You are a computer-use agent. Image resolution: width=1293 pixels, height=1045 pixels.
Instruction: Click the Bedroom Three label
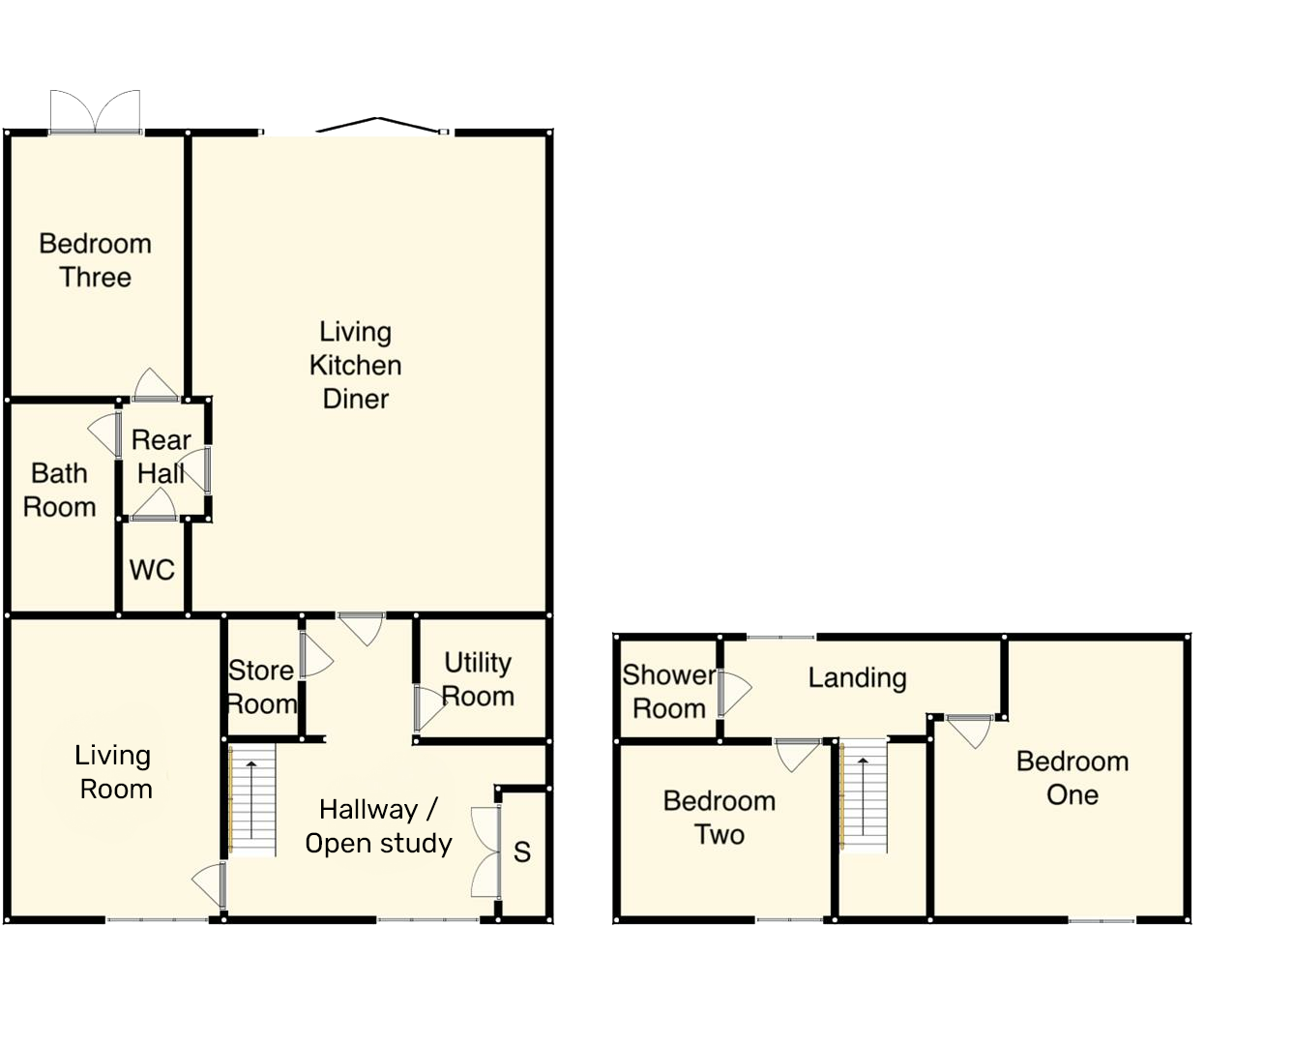pos(96,260)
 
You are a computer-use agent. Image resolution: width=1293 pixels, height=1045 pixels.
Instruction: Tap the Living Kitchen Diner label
pos(356,366)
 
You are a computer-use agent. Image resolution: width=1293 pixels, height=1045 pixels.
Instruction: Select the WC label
pos(152,570)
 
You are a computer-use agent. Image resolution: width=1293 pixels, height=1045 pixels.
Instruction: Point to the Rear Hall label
pos(161,457)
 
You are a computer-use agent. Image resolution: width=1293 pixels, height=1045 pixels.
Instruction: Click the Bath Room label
pos(60,491)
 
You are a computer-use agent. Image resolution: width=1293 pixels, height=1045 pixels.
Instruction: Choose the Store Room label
pos(262,687)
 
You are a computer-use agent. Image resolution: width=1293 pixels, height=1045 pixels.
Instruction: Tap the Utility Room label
pos(478,679)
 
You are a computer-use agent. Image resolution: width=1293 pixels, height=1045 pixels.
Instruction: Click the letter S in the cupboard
pos(522,851)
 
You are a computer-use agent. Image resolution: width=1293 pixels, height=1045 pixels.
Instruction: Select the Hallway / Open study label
pos(378,826)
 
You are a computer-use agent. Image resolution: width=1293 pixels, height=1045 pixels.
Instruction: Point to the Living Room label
pos(113,772)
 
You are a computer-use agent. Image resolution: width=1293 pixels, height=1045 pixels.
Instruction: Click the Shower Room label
pos(669,692)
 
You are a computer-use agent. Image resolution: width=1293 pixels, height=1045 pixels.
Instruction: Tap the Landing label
pos(857,678)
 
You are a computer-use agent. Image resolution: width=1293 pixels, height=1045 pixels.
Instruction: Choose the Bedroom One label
pos(1073,778)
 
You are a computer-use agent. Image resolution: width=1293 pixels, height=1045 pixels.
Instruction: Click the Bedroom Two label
pos(720,818)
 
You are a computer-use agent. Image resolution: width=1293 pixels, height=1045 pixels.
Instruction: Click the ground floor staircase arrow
pos(251,799)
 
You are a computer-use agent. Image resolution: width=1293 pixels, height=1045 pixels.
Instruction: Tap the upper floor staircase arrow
pos(863,795)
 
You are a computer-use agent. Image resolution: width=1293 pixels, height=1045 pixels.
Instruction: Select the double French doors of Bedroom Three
pos(96,111)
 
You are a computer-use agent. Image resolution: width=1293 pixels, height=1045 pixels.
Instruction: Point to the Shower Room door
pos(735,693)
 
